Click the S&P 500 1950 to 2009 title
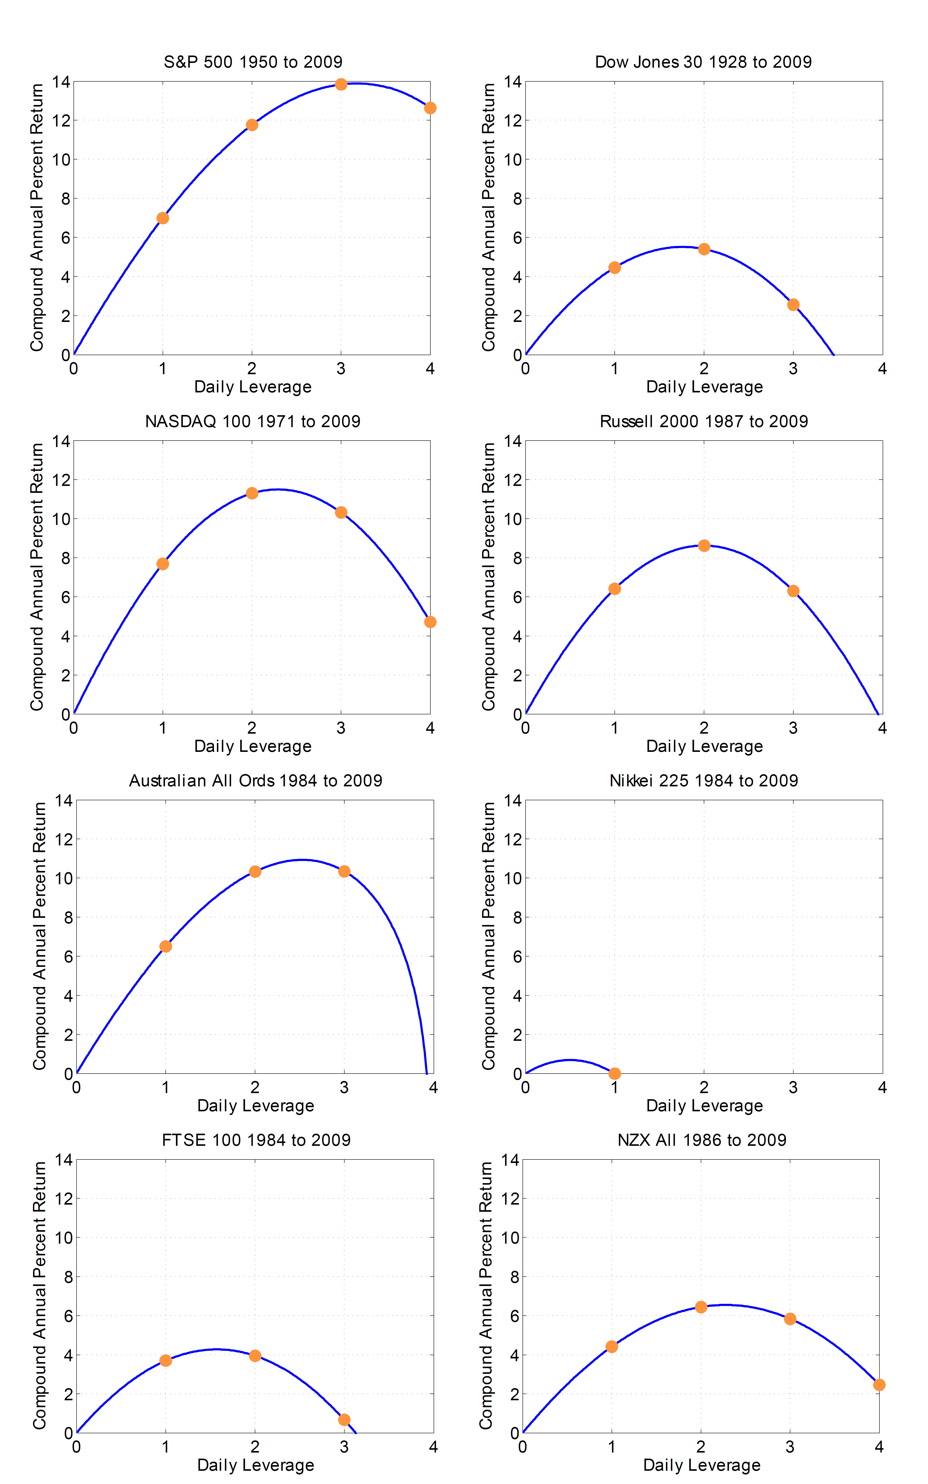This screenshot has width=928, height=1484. [253, 62]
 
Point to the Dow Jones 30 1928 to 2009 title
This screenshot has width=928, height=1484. [703, 62]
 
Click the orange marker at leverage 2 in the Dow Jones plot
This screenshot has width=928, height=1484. [704, 249]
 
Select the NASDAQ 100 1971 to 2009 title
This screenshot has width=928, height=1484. [253, 421]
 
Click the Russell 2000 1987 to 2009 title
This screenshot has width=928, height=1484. [703, 421]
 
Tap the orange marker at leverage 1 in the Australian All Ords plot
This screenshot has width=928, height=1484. [166, 946]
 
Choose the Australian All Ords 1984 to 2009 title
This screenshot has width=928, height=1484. [255, 780]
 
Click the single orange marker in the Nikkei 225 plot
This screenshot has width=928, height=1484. [614, 1074]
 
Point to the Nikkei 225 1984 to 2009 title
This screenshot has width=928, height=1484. [703, 780]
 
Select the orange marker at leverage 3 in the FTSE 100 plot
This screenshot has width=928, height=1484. [344, 1420]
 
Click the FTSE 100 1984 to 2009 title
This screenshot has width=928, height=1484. [256, 1140]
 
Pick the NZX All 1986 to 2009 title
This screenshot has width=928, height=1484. [701, 1140]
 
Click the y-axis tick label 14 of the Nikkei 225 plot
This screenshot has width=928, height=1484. [513, 801]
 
